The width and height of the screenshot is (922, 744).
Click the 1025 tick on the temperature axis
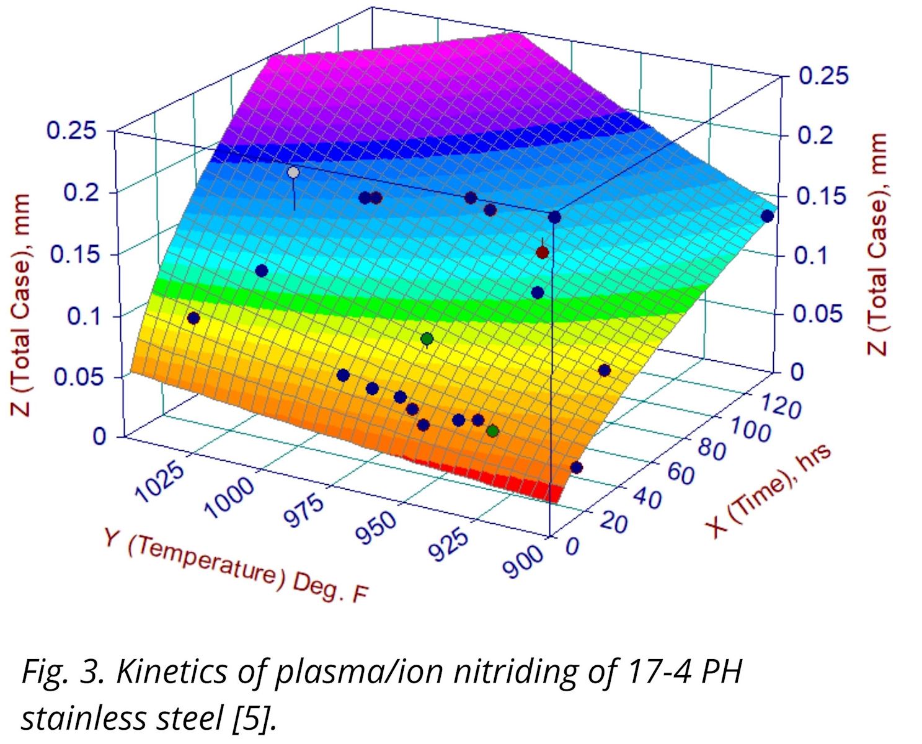tap(160, 483)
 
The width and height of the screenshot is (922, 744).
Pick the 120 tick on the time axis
tap(779, 407)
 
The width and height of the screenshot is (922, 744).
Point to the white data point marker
tap(293, 172)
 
